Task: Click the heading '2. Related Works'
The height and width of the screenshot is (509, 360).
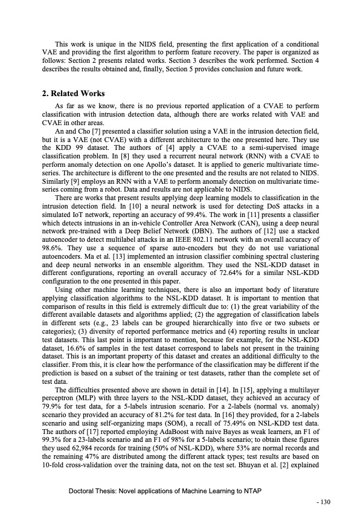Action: point(73,94)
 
